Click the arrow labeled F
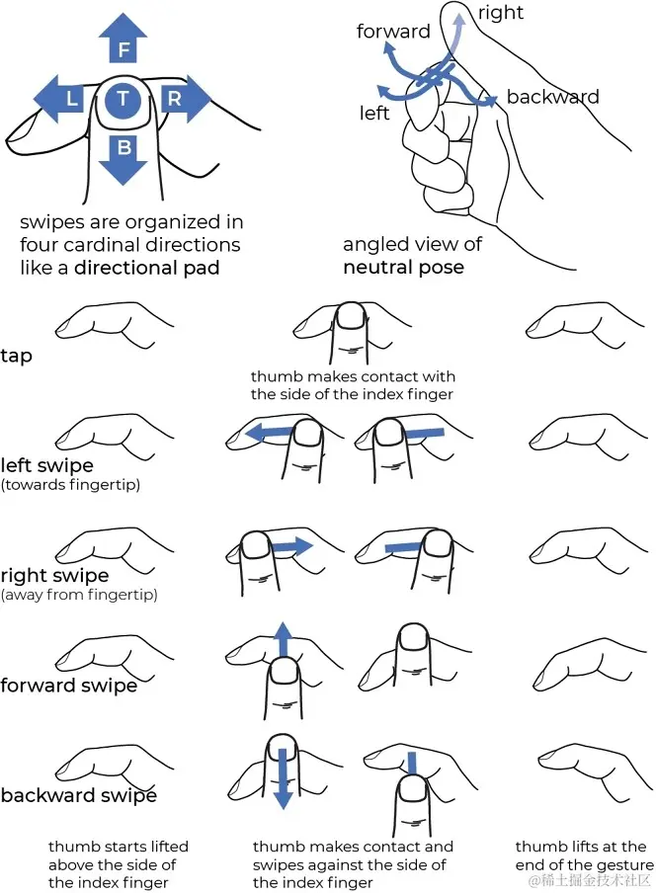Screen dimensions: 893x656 [x=123, y=42]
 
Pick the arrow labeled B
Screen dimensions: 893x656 [x=123, y=154]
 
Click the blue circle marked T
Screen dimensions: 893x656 [x=123, y=98]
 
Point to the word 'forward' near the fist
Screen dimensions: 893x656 [x=393, y=32]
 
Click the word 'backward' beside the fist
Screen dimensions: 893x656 [x=552, y=97]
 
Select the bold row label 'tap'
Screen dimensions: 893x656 [x=17, y=356]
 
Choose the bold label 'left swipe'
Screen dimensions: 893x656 [x=47, y=464]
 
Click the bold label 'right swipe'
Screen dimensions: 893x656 [x=54, y=575]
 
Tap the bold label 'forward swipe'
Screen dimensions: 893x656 [x=68, y=685]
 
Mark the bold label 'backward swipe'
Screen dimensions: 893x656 [x=78, y=795]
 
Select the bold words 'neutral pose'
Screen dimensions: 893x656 [x=402, y=267]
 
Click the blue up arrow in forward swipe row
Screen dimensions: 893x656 [x=283, y=642]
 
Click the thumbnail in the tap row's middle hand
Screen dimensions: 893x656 [x=351, y=316]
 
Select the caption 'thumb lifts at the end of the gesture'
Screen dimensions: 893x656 [x=584, y=856]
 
